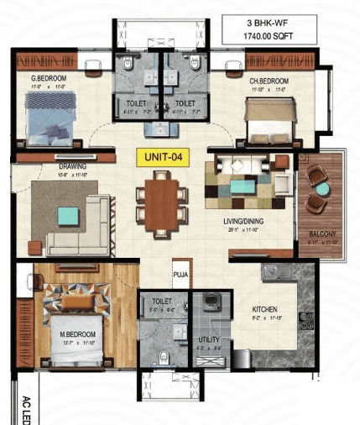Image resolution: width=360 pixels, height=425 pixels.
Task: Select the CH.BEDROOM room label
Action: tap(268, 81)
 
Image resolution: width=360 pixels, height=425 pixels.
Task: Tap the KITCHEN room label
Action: tap(265, 311)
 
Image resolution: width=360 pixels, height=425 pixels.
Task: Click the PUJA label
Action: tap(180, 273)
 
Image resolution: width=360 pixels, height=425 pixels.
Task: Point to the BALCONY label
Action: tap(323, 233)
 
